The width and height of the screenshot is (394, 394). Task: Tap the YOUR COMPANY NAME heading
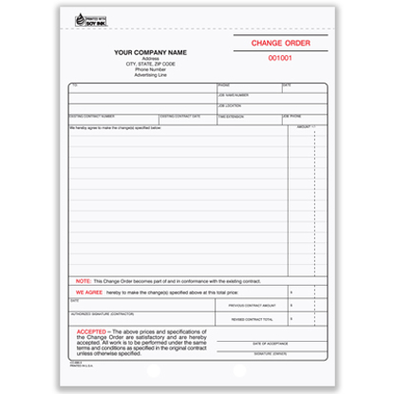150,52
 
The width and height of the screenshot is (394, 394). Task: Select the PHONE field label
223,85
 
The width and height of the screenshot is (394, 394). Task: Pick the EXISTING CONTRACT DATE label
181,115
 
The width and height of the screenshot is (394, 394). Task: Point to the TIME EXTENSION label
231,115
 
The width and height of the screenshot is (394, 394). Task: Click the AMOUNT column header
304,125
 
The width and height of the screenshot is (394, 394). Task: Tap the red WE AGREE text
87,292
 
